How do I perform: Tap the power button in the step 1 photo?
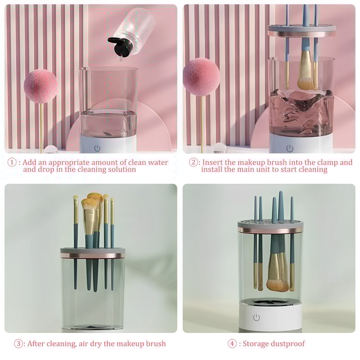[97, 148]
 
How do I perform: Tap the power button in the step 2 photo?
[290, 148]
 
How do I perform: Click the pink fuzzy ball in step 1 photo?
[40, 85]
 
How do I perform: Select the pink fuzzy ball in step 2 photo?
[201, 76]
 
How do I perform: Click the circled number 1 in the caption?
[13, 162]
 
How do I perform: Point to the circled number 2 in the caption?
[193, 162]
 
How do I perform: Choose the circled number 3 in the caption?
[19, 344]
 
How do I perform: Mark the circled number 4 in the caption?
[232, 344]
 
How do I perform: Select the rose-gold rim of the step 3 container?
[92, 256]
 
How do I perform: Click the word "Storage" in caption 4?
[256, 344]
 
